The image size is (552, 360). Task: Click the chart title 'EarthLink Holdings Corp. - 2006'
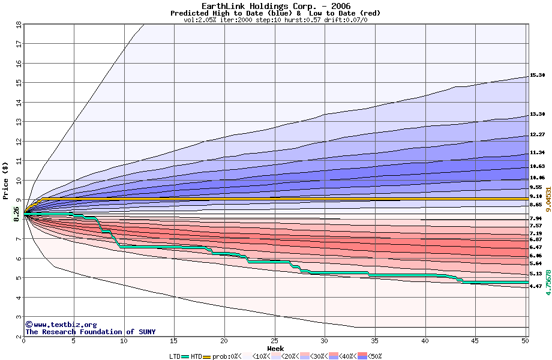click(276, 5)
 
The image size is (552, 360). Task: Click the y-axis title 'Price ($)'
click(5, 180)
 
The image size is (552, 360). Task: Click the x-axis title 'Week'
click(275, 348)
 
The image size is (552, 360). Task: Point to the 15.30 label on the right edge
click(537, 76)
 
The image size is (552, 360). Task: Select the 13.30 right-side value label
click(537, 114)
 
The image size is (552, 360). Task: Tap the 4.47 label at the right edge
click(536, 286)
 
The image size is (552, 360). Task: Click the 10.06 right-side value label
click(537, 178)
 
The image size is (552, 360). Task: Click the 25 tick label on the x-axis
click(274, 341)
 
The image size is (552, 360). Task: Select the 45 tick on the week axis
click(475, 341)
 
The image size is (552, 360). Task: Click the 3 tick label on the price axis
click(19, 317)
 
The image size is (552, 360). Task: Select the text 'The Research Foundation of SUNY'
click(90, 332)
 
